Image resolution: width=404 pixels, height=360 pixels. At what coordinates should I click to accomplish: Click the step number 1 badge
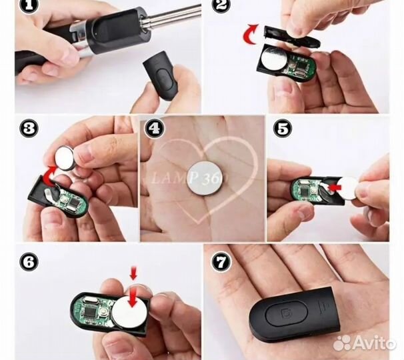pos(29,5)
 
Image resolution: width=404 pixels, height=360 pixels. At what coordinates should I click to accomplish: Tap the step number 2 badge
pos(221,5)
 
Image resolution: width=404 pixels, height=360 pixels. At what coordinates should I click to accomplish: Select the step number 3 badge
pos(29,128)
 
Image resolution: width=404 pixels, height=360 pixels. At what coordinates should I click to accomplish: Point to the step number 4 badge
pos(154,128)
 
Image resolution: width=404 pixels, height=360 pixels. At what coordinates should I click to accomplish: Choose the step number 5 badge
pos(283,128)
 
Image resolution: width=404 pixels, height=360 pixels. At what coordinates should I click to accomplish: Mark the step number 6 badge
pos(29,261)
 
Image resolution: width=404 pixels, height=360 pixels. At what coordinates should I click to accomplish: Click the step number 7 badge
pos(221,261)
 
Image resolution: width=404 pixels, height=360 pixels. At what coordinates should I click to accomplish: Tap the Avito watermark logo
pos(364,343)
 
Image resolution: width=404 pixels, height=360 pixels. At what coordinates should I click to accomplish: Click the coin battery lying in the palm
pos(205,178)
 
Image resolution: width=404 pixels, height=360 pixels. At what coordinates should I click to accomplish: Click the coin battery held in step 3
pos(65,158)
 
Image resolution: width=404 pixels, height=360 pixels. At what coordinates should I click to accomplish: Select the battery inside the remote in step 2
pos(273,57)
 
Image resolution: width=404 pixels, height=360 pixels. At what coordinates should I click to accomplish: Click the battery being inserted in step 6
pos(129,312)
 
